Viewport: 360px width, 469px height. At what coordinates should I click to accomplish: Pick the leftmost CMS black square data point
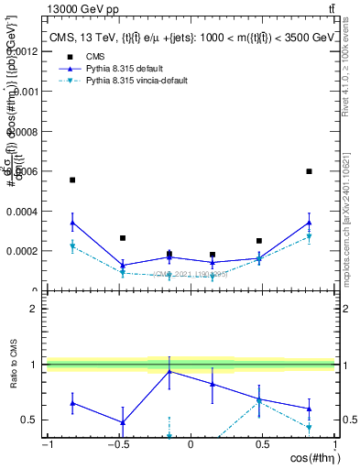[x=72, y=180]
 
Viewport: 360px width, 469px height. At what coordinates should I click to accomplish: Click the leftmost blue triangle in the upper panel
[x=72, y=222]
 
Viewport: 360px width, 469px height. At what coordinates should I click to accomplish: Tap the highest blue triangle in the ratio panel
[x=169, y=371]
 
